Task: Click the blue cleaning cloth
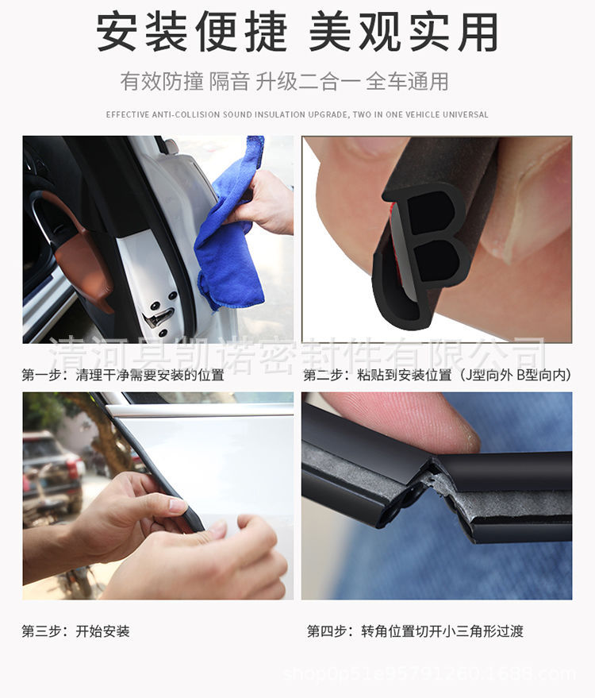(x=231, y=232)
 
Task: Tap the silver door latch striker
(x=156, y=317)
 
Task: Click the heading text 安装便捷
(x=192, y=31)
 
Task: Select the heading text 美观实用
(x=403, y=31)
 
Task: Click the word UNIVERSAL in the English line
(x=465, y=114)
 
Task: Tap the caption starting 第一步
(x=123, y=375)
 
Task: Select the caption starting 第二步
(x=438, y=375)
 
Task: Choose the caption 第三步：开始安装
(x=75, y=631)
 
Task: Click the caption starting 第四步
(x=415, y=631)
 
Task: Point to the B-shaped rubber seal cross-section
(x=420, y=254)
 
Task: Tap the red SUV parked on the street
(x=53, y=472)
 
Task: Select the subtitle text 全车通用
(x=407, y=82)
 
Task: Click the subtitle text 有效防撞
(x=161, y=82)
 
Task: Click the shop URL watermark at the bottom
(x=429, y=673)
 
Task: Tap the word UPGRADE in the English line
(x=328, y=114)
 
